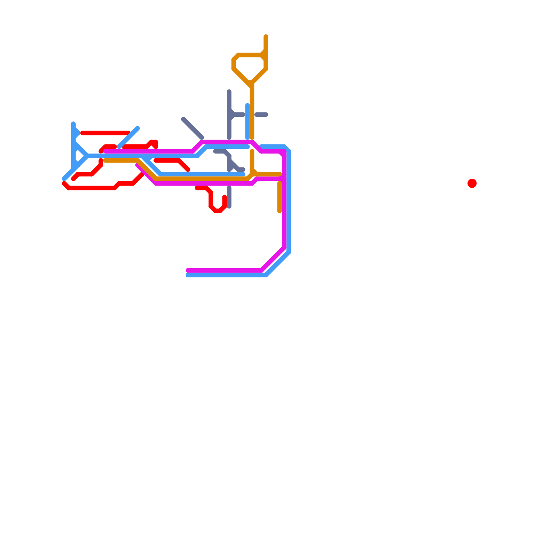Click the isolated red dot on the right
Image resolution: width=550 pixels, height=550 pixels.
click(472, 183)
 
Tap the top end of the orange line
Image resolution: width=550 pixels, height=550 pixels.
click(266, 36)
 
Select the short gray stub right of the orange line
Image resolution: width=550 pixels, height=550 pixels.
click(261, 114)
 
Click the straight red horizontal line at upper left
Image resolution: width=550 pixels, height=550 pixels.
click(105, 133)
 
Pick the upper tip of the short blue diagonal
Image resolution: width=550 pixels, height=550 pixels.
click(137, 128)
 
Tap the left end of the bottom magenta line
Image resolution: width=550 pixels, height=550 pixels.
click(187, 271)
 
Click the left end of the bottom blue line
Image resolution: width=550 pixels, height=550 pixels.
click(187, 275)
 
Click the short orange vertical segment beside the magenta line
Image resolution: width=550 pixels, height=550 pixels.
click(279, 197)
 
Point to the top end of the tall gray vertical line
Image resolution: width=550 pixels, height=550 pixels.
click(229, 91)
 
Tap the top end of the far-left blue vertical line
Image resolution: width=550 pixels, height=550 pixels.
click(73, 123)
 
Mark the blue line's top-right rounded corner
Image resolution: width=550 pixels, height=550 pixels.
click(287, 148)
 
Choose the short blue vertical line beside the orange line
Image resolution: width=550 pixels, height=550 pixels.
click(247, 121)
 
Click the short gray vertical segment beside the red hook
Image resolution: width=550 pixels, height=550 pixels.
click(229, 197)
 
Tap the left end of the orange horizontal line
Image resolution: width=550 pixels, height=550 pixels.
click(106, 161)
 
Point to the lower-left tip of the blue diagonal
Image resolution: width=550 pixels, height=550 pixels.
click(64, 179)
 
